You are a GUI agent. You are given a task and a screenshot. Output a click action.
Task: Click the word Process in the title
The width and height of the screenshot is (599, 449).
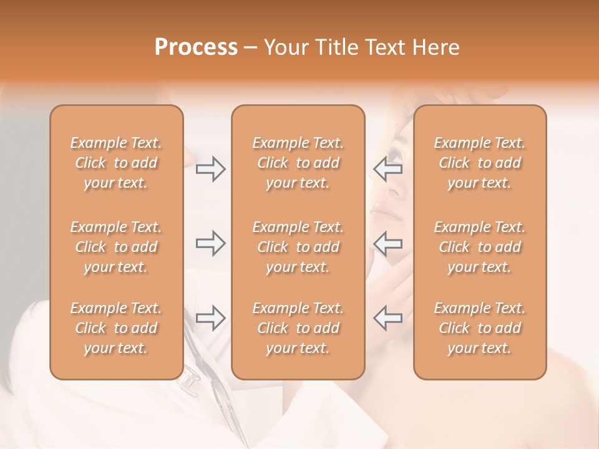(x=196, y=47)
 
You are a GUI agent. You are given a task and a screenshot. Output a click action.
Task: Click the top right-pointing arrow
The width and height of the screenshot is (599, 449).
(x=210, y=168)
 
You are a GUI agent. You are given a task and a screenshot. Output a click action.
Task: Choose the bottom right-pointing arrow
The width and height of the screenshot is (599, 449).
(x=210, y=317)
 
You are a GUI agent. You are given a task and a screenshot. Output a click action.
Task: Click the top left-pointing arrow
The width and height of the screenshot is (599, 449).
(x=388, y=168)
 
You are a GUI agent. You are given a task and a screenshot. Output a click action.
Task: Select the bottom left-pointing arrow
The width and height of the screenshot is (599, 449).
(x=388, y=317)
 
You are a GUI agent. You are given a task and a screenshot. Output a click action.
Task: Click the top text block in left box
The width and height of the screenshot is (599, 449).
(x=116, y=163)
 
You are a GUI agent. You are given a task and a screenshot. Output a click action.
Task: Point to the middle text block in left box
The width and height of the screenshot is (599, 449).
(x=116, y=247)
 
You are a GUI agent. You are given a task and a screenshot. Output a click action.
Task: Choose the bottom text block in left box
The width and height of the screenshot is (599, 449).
(x=116, y=328)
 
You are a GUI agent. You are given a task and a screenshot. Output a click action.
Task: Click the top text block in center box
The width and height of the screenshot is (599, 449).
(x=298, y=163)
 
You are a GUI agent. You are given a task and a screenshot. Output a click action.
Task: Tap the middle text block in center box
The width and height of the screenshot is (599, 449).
(x=298, y=247)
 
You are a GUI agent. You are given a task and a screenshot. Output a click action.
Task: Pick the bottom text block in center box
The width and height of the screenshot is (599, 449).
(x=298, y=328)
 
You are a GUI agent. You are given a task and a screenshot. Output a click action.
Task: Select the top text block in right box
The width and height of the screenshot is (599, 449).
(x=479, y=163)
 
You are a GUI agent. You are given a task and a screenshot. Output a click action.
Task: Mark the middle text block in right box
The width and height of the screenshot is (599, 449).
(x=479, y=247)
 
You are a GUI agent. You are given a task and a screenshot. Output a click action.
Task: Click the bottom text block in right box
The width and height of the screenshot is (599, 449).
(x=479, y=328)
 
